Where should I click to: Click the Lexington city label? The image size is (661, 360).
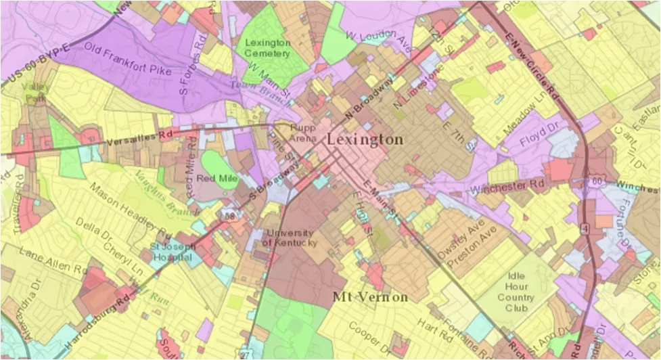pyautogui.click(x=365, y=139)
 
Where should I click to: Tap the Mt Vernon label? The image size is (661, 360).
pyautogui.click(x=370, y=297)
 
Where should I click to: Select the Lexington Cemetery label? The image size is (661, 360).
pyautogui.click(x=267, y=47)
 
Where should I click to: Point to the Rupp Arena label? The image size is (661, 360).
pyautogui.click(x=303, y=133)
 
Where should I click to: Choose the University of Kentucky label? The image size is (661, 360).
pyautogui.click(x=289, y=238)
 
